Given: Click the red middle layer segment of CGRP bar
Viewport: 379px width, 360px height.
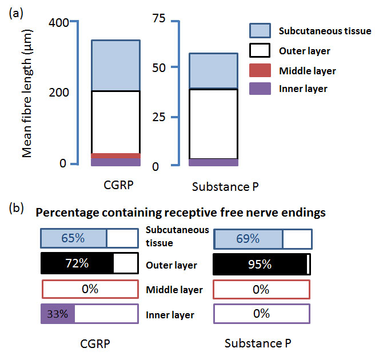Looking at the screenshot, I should pos(116,156).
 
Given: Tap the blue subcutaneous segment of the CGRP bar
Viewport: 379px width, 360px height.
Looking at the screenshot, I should pos(116,65).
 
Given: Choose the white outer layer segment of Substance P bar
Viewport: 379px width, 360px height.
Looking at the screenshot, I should pos(213,123).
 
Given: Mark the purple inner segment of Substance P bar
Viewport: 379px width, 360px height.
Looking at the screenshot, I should pos(213,162).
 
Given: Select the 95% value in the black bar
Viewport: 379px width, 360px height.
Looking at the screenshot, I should pos(260,264).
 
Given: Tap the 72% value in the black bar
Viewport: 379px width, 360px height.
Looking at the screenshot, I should pos(77,264).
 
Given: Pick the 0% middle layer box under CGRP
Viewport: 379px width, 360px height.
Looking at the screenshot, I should pos(89,289).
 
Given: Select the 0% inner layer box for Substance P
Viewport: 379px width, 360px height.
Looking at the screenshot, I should pos(261,314).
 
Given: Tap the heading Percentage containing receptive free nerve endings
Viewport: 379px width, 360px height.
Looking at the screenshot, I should pos(181,213).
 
